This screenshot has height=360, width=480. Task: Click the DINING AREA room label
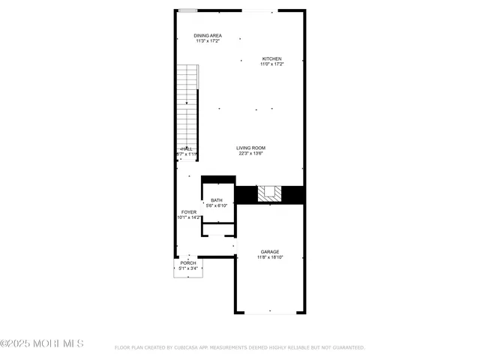pyautogui.click(x=207, y=35)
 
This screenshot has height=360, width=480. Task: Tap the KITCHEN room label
pyautogui.click(x=271, y=58)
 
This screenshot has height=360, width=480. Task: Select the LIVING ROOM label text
pyautogui.click(x=250, y=148)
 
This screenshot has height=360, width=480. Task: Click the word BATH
pyautogui.click(x=216, y=200)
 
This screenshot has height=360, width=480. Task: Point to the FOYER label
pyautogui.click(x=188, y=212)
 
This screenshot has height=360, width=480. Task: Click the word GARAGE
pyautogui.click(x=270, y=251)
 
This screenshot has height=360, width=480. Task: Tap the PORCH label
pyautogui.click(x=188, y=262)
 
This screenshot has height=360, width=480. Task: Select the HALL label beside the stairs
pyautogui.click(x=187, y=148)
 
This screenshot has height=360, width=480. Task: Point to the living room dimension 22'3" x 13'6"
pyautogui.click(x=250, y=153)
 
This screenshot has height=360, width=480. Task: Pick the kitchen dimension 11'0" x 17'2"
pyautogui.click(x=271, y=64)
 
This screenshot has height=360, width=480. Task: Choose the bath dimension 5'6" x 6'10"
pyautogui.click(x=216, y=205)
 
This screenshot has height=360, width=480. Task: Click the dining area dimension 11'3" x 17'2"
pyautogui.click(x=207, y=40)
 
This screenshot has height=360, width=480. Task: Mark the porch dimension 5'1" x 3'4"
pyautogui.click(x=188, y=268)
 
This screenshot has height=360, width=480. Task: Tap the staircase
pyautogui.click(x=186, y=105)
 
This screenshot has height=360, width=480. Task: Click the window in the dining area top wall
pyautogui.click(x=187, y=10)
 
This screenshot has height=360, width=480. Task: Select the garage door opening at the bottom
pyautogui.click(x=270, y=312)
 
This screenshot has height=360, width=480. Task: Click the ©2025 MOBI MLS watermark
pyautogui.click(x=41, y=343)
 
